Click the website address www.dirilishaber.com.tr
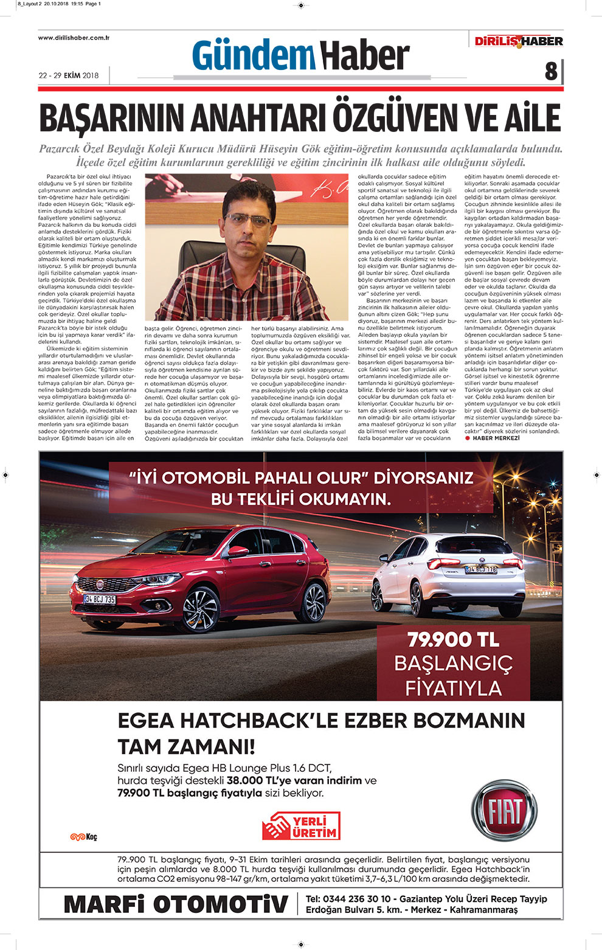[74, 38]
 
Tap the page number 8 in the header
[551, 71]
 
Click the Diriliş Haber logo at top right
[519, 41]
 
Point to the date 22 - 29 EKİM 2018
[68, 75]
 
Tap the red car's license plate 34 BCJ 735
[100, 599]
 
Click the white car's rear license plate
[480, 569]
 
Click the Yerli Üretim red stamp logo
[301, 826]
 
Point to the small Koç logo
[83, 837]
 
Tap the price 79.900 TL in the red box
[453, 639]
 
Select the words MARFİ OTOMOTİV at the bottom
[176, 904]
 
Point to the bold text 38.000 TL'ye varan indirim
[294, 780]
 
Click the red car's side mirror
[238, 552]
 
